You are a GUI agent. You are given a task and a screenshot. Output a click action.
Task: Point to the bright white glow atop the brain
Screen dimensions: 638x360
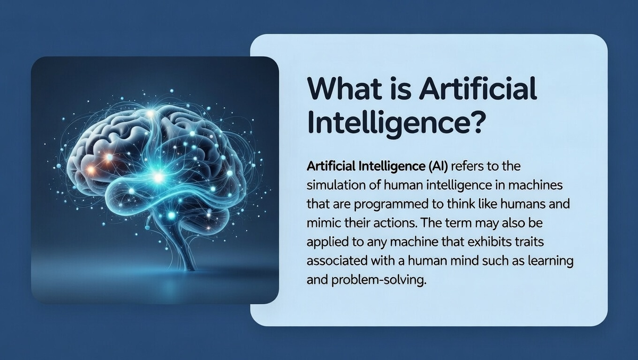point(150,114)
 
